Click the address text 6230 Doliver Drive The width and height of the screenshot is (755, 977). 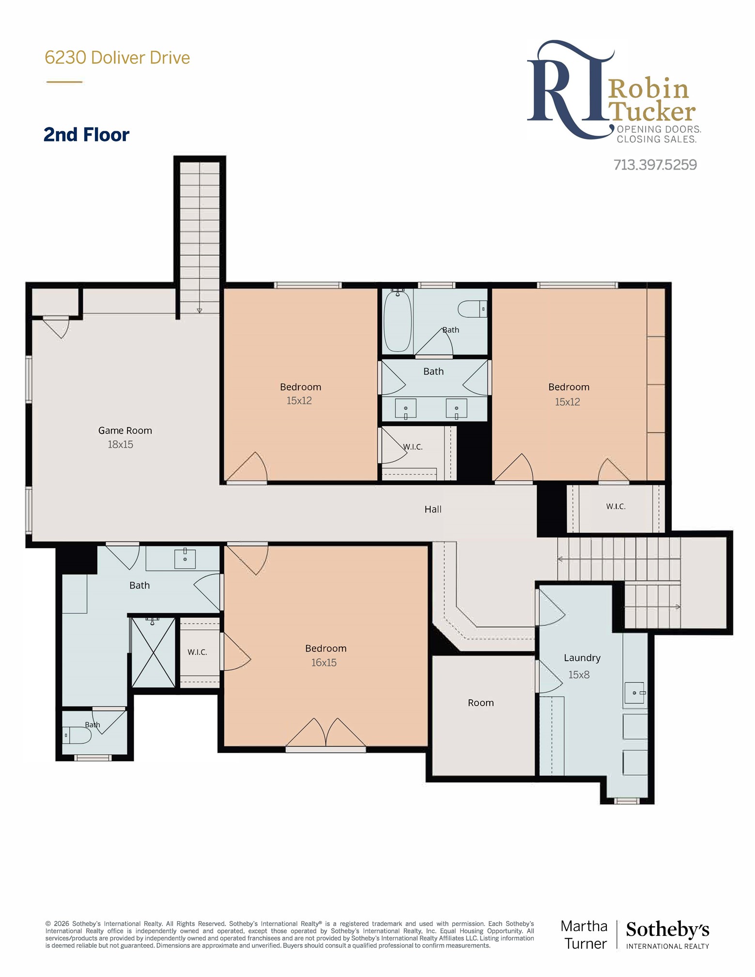coord(117,58)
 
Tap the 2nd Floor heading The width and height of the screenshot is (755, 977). coord(86,135)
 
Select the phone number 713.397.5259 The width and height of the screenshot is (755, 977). coord(655,165)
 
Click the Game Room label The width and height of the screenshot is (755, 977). coord(125,430)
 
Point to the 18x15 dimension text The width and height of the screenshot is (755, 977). coord(120,444)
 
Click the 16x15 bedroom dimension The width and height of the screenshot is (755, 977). coord(324,662)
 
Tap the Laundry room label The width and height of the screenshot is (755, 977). coord(582,658)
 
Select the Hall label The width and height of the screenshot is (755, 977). coord(433,509)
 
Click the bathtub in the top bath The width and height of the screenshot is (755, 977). coord(398,321)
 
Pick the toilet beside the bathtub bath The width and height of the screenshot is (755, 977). coord(472,309)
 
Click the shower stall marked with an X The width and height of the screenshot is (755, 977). coord(154,652)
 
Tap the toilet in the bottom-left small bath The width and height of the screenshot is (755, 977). coord(77,735)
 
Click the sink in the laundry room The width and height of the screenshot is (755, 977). coord(635,693)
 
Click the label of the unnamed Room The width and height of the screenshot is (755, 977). coord(481,703)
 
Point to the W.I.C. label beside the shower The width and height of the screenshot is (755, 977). coord(197,652)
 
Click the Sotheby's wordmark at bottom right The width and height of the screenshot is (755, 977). coord(667,930)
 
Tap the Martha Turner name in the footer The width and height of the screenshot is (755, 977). coord(584,935)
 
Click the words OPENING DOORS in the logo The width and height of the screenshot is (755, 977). coord(659,129)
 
